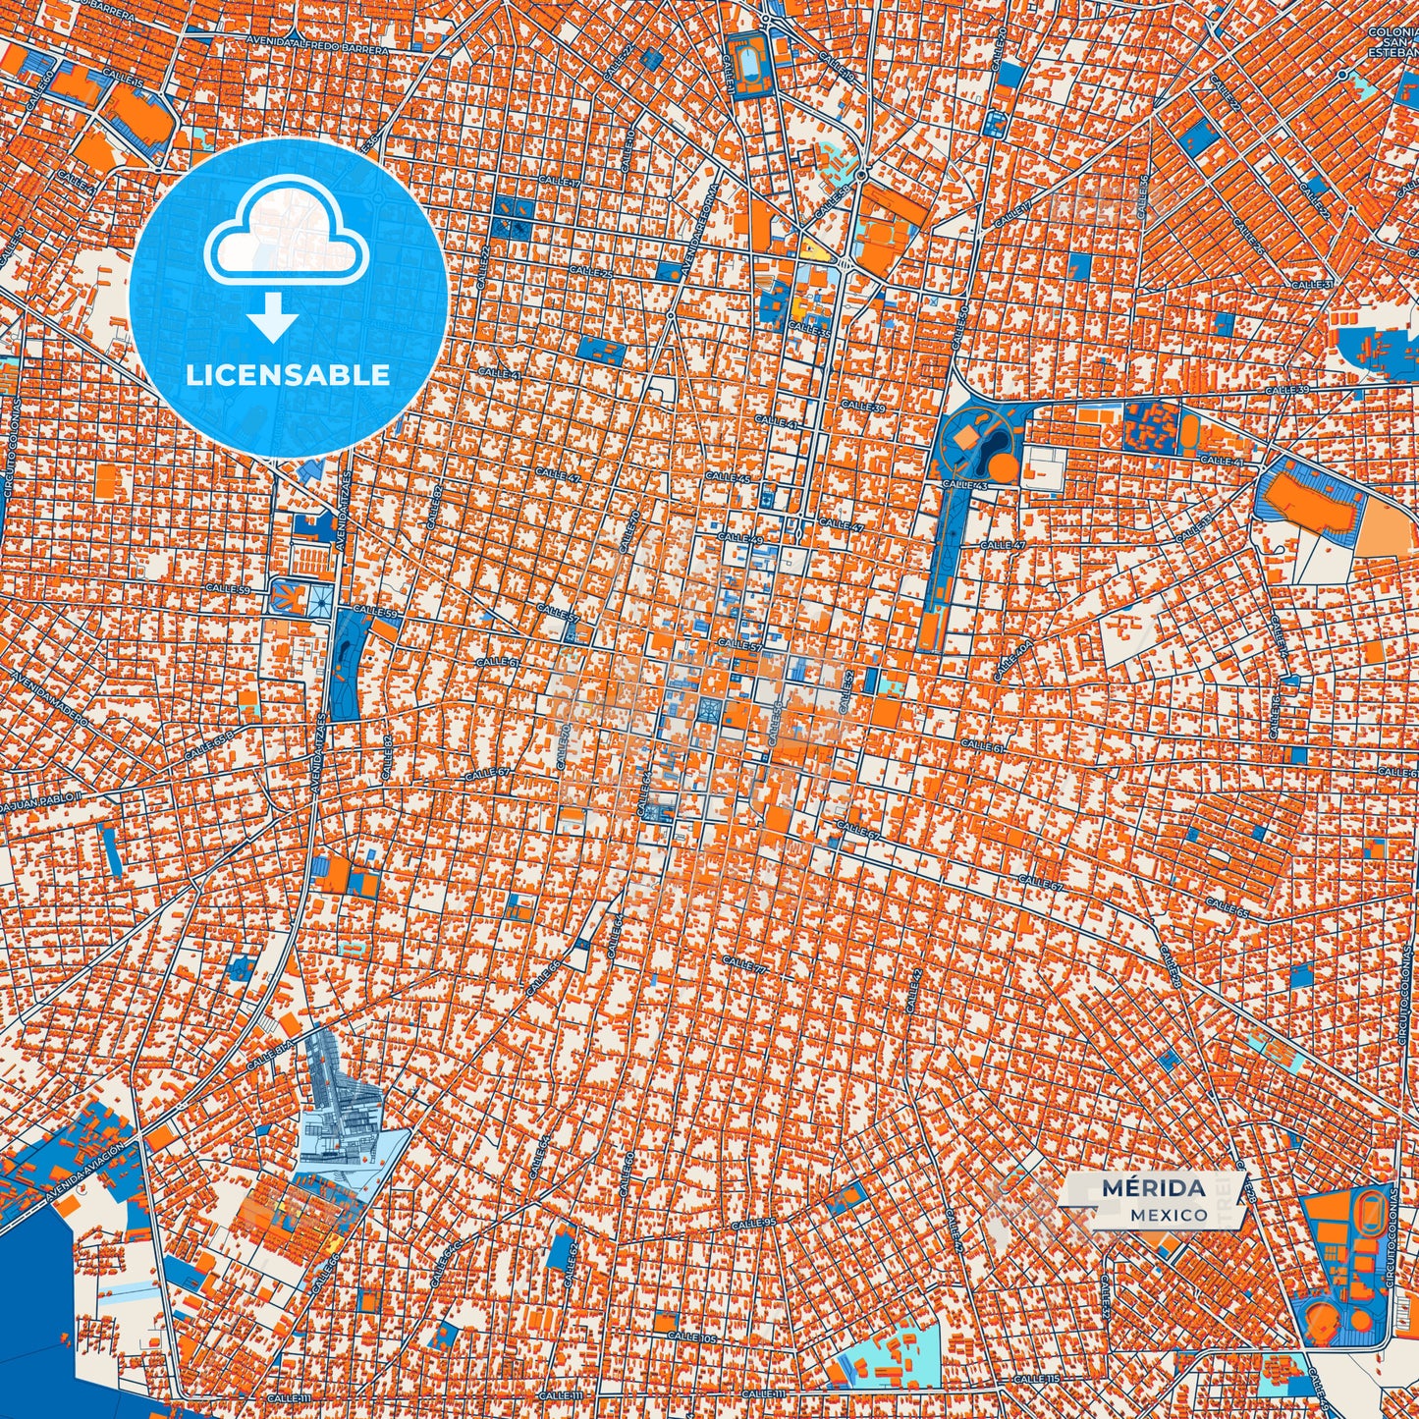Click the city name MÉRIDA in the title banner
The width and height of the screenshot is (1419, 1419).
click(1153, 1188)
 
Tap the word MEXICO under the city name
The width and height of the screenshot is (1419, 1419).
click(1169, 1215)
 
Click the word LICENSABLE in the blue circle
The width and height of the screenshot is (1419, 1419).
click(288, 374)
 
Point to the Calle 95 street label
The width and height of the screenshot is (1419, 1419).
click(753, 1223)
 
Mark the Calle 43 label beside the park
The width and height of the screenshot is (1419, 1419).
click(964, 484)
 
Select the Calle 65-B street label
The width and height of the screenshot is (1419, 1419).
click(208, 745)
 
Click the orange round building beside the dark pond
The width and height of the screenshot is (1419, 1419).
click(1003, 468)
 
